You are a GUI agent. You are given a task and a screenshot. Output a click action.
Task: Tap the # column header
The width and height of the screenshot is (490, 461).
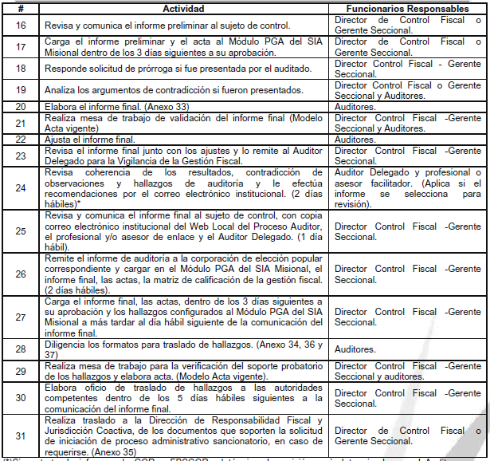tap(21, 7)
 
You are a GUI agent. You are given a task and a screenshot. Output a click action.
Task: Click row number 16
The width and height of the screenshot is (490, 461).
tap(21, 26)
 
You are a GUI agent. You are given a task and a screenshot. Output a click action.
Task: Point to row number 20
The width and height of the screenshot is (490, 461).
tap(21, 105)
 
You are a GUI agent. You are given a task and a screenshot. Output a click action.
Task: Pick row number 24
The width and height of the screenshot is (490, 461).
tap(21, 187)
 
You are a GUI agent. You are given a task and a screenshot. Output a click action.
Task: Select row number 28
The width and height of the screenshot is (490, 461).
tap(21, 349)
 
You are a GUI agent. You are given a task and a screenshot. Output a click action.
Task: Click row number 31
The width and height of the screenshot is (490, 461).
tap(21, 435)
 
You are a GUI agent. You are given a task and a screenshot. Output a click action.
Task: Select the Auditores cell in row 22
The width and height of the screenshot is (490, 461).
tap(355, 139)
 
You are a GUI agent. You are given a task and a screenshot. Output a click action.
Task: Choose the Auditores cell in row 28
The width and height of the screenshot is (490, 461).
tap(355, 349)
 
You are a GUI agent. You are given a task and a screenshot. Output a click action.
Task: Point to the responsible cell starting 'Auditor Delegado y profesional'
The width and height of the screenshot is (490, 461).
tap(408, 187)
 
